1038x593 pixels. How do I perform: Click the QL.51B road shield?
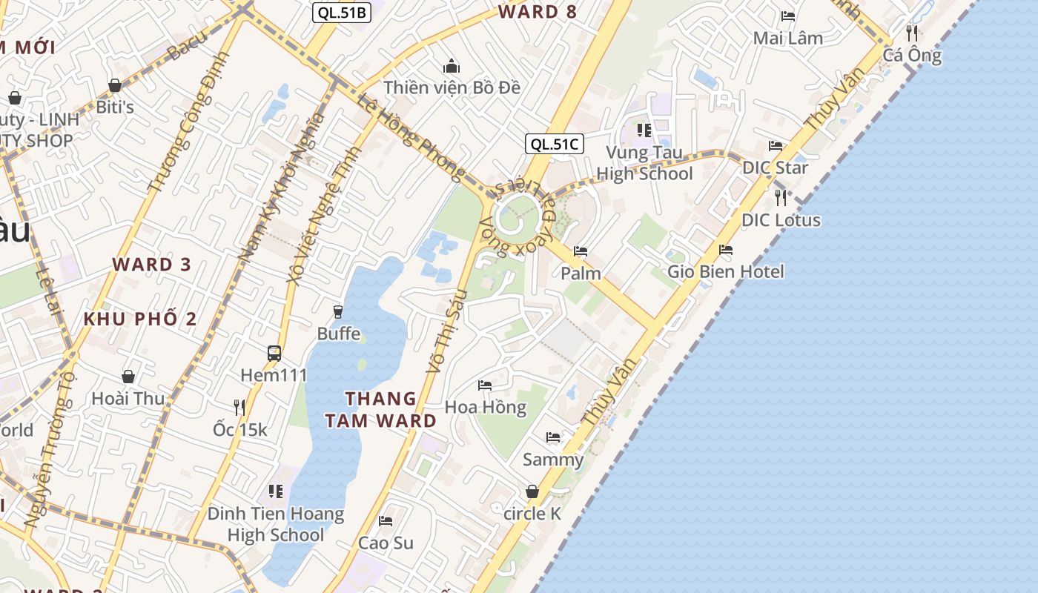click(x=341, y=12)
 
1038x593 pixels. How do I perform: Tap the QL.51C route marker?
click(x=555, y=144)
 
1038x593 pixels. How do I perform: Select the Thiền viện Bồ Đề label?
click(x=452, y=87)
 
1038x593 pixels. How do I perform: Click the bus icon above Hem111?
click(x=274, y=353)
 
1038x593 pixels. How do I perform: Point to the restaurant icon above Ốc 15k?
click(x=239, y=407)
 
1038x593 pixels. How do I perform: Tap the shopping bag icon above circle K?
click(x=532, y=491)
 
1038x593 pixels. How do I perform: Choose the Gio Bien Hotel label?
click(x=725, y=271)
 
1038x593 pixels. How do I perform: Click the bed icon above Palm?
click(x=581, y=251)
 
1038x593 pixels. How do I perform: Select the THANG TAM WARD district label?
click(x=380, y=410)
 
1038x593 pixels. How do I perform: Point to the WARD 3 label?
click(x=152, y=265)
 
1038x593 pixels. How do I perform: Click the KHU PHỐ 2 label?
click(x=140, y=319)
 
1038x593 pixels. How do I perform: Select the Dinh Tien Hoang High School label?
click(x=276, y=524)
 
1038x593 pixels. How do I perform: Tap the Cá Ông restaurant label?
click(x=912, y=56)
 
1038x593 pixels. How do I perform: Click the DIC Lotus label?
click(x=781, y=220)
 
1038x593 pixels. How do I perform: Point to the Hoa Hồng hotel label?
click(x=485, y=407)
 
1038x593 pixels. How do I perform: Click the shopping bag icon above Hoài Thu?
click(x=128, y=377)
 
